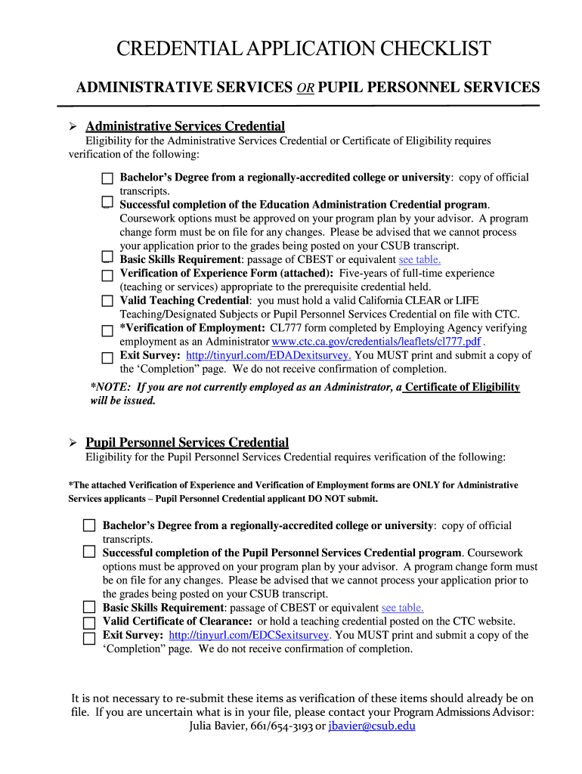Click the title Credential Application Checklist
click(303, 50)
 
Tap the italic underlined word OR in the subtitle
click(304, 88)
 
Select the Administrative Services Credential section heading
click(184, 126)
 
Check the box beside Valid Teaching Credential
click(107, 301)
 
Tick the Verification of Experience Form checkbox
click(107, 274)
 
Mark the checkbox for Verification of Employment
click(107, 330)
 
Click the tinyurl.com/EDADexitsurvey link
click(268, 355)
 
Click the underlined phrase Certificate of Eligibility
click(462, 387)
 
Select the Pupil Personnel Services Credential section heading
click(187, 442)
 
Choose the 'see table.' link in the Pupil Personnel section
click(402, 608)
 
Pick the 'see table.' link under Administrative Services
click(419, 259)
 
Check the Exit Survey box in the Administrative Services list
click(107, 357)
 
